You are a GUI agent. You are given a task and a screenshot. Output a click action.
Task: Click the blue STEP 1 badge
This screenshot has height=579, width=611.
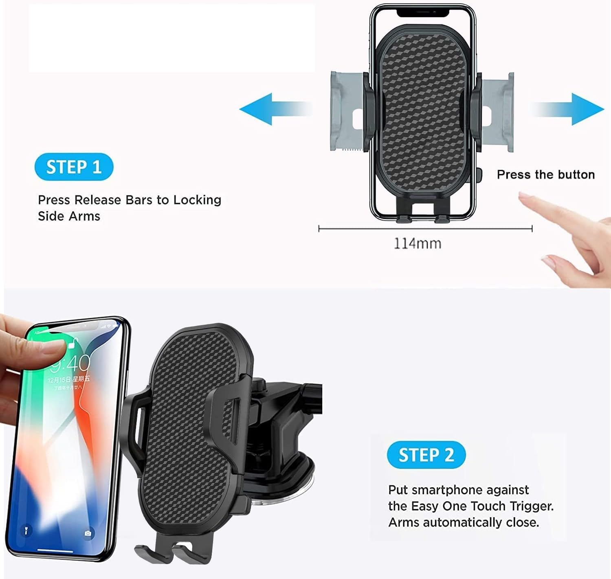point(74,167)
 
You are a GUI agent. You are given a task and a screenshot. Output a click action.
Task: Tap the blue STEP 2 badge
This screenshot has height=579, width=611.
point(426,455)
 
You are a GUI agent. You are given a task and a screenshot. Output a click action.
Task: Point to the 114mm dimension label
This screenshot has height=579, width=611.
point(418,244)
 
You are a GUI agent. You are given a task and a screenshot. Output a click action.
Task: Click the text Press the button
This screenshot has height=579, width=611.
point(545,175)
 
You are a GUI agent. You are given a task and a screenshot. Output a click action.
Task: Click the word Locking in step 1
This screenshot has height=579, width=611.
point(197,200)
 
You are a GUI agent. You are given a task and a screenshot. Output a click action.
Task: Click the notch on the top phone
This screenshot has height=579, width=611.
point(423,13)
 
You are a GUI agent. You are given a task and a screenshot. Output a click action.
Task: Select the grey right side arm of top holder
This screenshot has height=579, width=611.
point(497,112)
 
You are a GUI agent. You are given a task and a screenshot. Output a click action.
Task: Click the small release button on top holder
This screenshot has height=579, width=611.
point(479,175)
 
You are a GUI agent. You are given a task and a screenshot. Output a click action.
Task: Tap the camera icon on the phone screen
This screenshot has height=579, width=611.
point(88,533)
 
